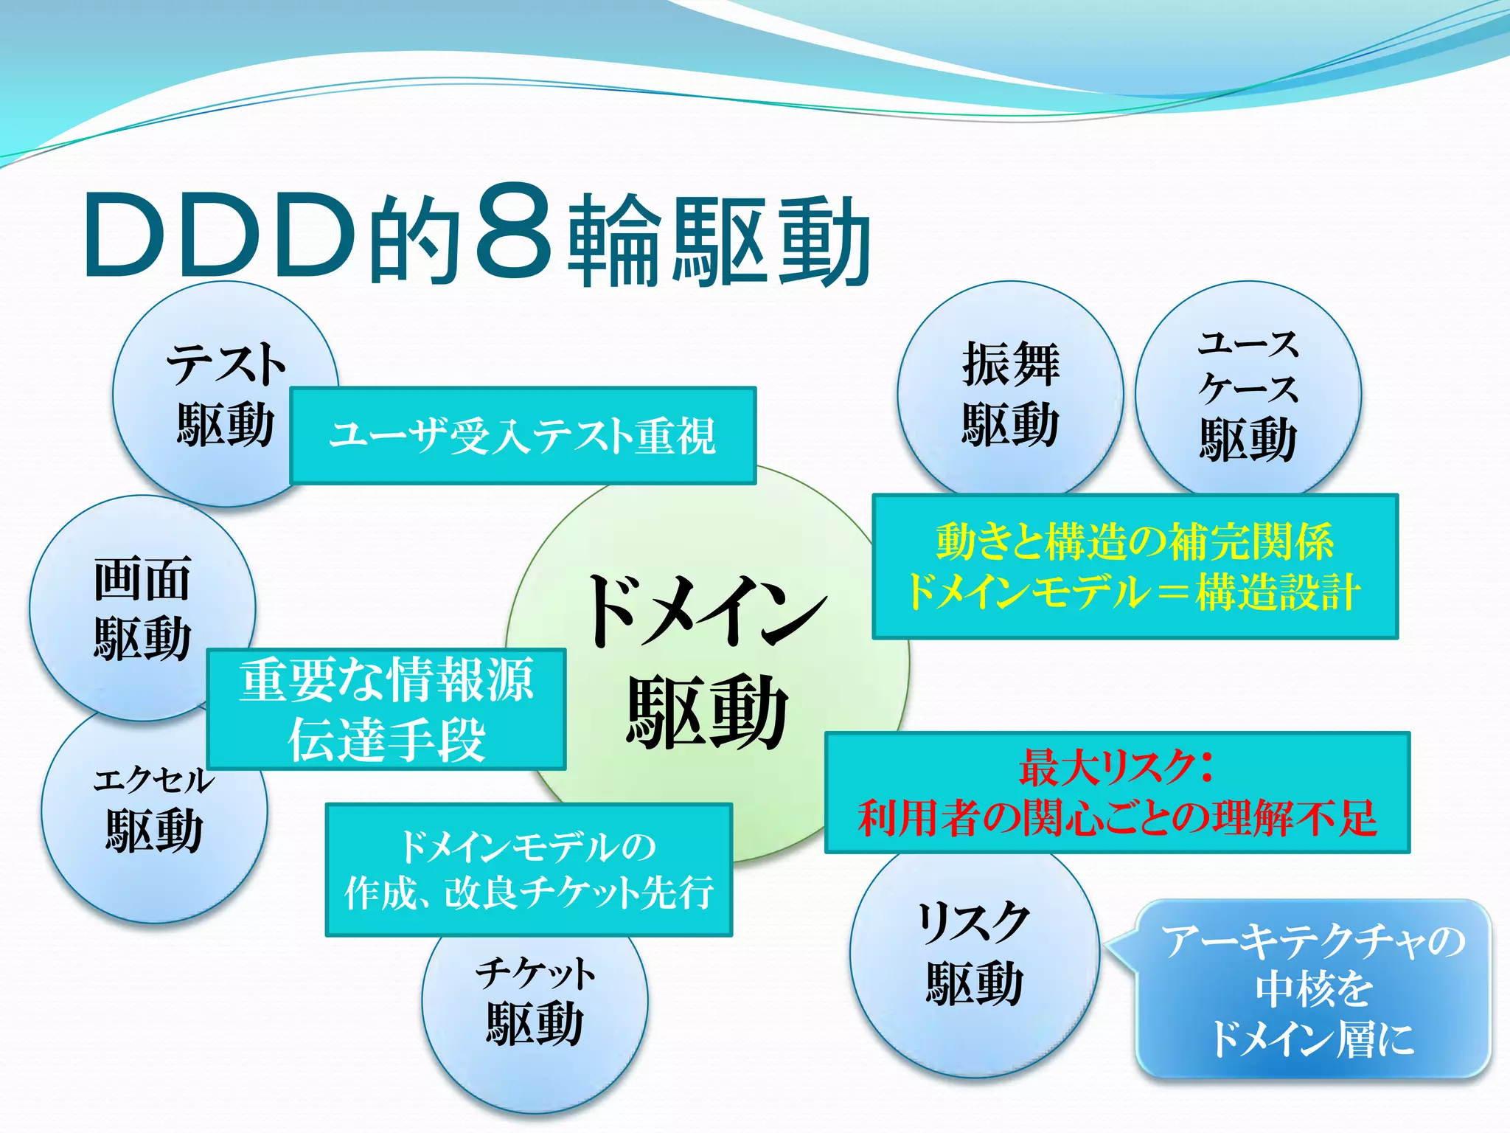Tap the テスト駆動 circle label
[x=225, y=394]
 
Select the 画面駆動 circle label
[x=142, y=608]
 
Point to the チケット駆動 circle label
[x=535, y=999]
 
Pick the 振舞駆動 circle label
[x=1010, y=394]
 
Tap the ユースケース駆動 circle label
[x=1248, y=394]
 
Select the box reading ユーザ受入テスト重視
[x=523, y=435]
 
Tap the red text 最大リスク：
[x=1116, y=768]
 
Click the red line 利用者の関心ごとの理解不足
[x=1117, y=818]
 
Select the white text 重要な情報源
[x=386, y=681]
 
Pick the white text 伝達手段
[x=386, y=740]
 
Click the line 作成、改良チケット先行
[x=529, y=893]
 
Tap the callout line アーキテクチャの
[x=1313, y=941]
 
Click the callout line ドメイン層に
[x=1312, y=1039]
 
